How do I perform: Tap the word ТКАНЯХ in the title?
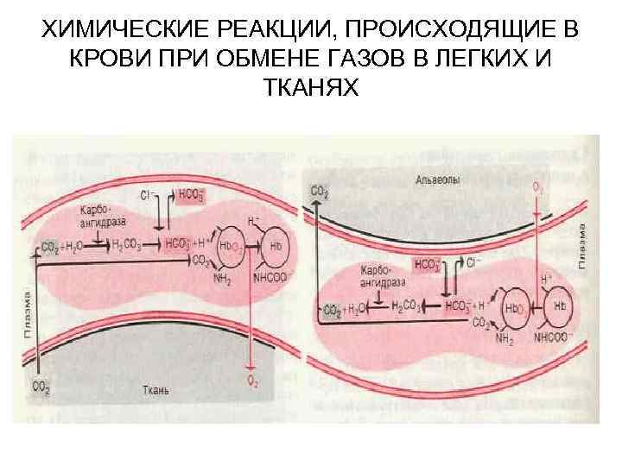point(310,87)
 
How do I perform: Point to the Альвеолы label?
point(436,180)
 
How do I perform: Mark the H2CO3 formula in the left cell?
point(129,245)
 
